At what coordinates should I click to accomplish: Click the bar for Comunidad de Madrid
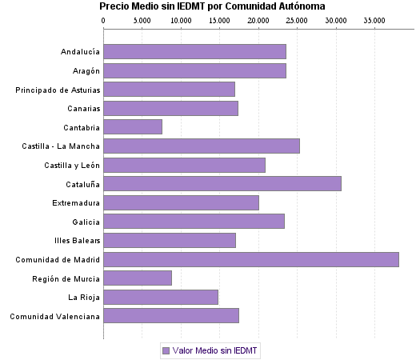point(250,259)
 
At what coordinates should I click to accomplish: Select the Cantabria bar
point(133,126)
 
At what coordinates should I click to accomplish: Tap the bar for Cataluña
point(222,183)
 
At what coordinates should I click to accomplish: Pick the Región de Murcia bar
point(138,278)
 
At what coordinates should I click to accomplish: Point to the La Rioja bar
point(161,297)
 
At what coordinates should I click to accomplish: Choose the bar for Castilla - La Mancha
point(202,146)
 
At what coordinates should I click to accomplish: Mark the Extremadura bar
point(181,202)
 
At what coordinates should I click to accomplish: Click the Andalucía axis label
point(80,52)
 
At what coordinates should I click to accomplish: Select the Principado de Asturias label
point(58,90)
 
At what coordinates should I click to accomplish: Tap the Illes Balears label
point(77,240)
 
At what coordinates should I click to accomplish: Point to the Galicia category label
point(86,222)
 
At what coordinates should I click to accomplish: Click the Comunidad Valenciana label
point(55,316)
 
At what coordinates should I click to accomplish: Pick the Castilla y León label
point(72,165)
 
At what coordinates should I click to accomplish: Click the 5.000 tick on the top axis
point(142,20)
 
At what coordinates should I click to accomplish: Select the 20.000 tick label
point(259,20)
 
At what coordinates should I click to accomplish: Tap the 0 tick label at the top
point(104,20)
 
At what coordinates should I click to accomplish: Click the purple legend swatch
point(166,350)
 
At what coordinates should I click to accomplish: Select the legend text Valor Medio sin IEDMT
point(215,350)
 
